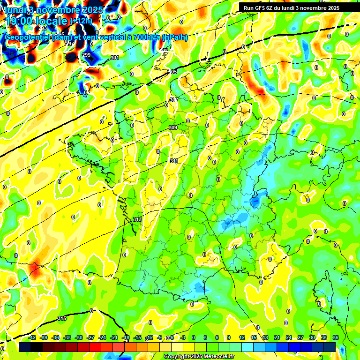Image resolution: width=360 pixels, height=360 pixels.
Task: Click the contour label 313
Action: click(x=137, y=219)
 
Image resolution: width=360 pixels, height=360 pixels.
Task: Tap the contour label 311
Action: click(x=174, y=161)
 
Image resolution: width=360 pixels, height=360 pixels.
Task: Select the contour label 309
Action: click(x=172, y=127)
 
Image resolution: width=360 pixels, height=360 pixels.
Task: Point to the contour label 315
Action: click(x=62, y=318)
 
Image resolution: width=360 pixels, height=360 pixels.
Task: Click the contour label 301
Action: click(x=114, y=58)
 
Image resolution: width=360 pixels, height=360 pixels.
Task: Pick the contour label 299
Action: click(x=86, y=55)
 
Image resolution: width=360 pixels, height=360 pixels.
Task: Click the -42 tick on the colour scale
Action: click(x=32, y=337)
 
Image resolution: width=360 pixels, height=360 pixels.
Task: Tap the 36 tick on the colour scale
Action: click(x=336, y=337)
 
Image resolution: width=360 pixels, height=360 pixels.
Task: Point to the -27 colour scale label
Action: click(x=90, y=337)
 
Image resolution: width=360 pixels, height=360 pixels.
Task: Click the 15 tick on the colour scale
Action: click(x=254, y=337)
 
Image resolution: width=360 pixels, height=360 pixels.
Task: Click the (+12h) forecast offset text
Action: click(x=81, y=21)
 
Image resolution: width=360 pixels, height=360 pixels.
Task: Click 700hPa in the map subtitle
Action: click(x=146, y=37)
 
